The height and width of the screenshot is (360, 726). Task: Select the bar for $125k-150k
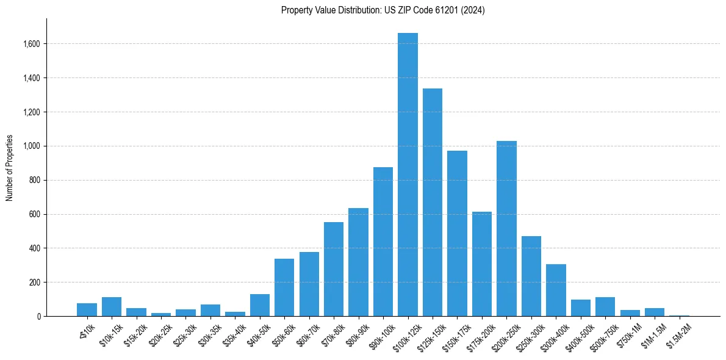[x=433, y=202]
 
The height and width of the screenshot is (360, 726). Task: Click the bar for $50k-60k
[x=284, y=287]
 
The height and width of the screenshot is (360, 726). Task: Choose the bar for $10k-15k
[x=112, y=306]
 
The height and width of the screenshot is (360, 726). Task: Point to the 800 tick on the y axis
[x=35, y=180]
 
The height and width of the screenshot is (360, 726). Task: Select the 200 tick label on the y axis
[x=35, y=283]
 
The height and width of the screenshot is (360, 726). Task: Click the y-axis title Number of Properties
[x=9, y=167]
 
